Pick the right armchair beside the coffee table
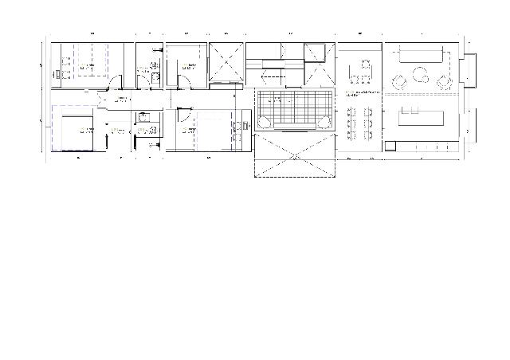pyautogui.click(x=443, y=79)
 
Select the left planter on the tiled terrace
pyautogui.click(x=264, y=121)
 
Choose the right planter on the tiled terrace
pyautogui.click(x=325, y=121)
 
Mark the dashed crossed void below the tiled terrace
pyautogui.click(x=294, y=155)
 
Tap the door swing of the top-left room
pyautogui.click(x=116, y=80)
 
